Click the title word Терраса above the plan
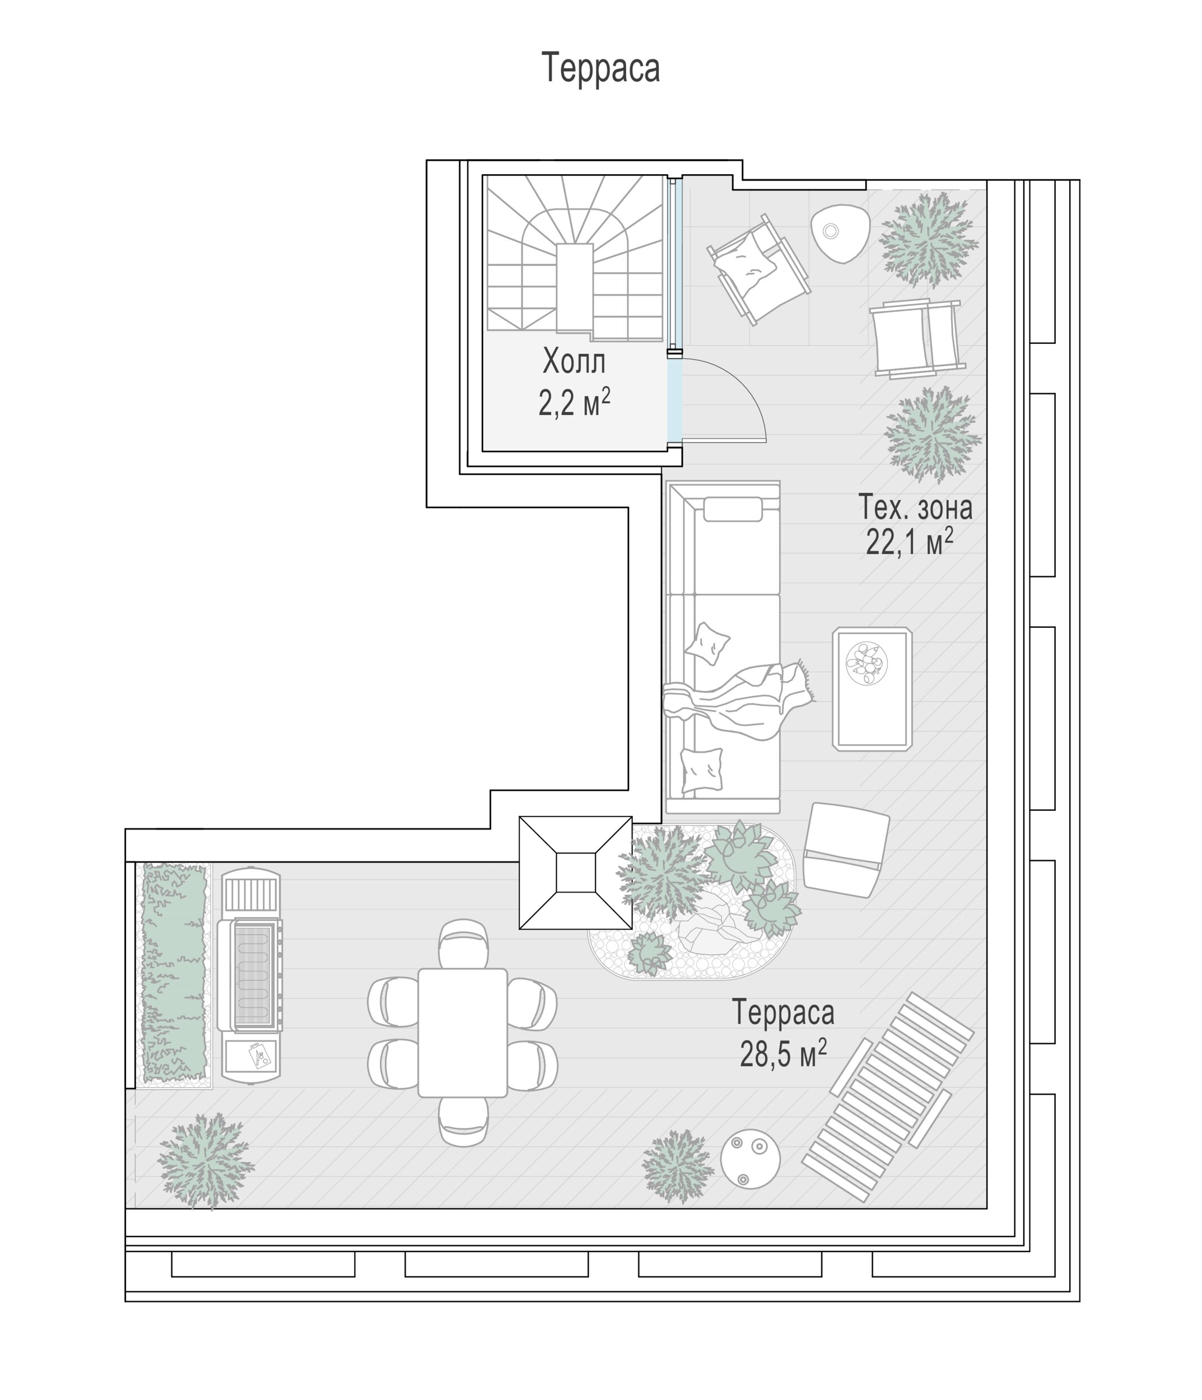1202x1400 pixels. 600,68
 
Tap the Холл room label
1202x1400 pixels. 574,362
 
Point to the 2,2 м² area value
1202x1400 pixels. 574,403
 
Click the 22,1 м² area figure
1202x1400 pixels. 910,541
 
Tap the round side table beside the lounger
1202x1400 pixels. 750,1159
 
